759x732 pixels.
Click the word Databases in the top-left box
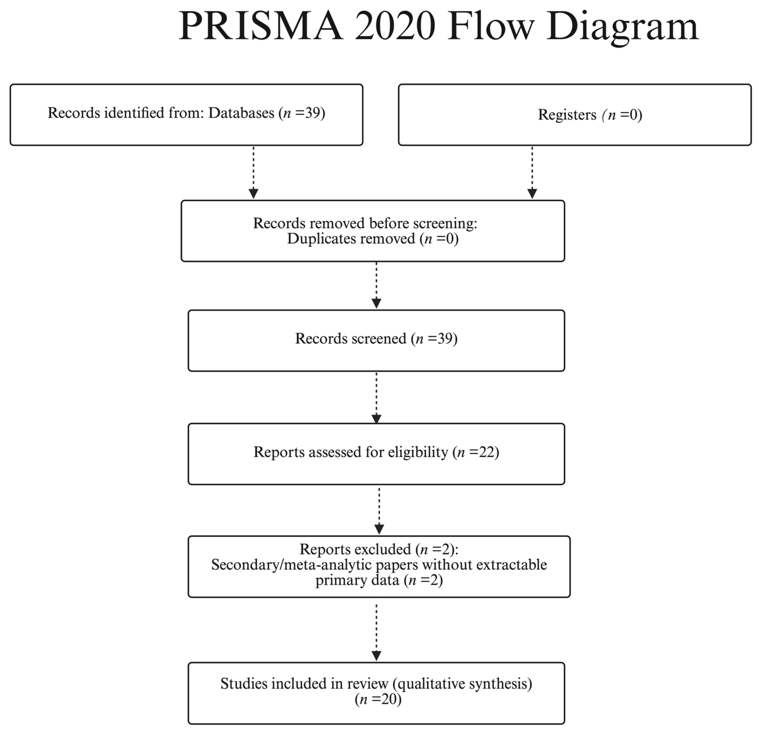tap(241, 113)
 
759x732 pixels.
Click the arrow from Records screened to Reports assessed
tap(377, 397)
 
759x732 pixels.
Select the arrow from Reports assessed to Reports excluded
tap(379, 510)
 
